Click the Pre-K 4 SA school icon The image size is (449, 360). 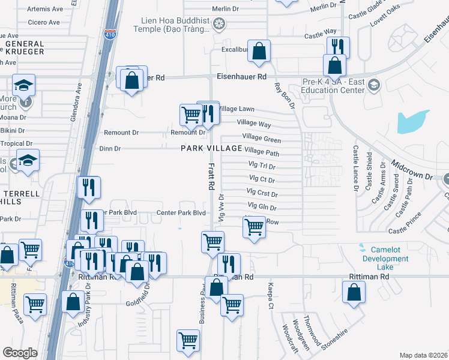(375, 83)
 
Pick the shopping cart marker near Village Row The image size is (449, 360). (255, 227)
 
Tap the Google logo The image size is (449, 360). (20, 353)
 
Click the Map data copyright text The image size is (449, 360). (424, 355)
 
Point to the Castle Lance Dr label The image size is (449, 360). (355, 168)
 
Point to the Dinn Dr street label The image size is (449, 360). (110, 148)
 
